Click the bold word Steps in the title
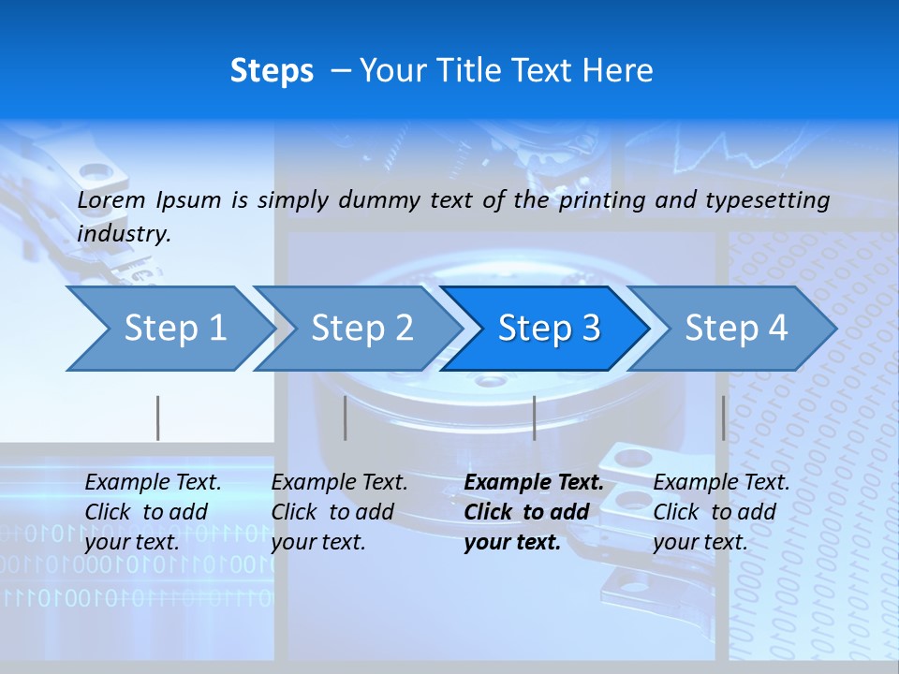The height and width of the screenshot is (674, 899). (x=272, y=71)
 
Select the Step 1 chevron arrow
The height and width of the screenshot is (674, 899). (x=169, y=328)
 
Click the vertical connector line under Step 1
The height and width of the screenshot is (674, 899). (x=158, y=418)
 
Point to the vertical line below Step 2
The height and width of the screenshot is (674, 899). (x=346, y=418)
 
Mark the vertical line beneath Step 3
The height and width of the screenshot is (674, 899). (x=534, y=418)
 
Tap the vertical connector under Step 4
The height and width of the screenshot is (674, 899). (x=723, y=418)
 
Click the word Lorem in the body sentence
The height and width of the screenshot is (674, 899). (x=111, y=200)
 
